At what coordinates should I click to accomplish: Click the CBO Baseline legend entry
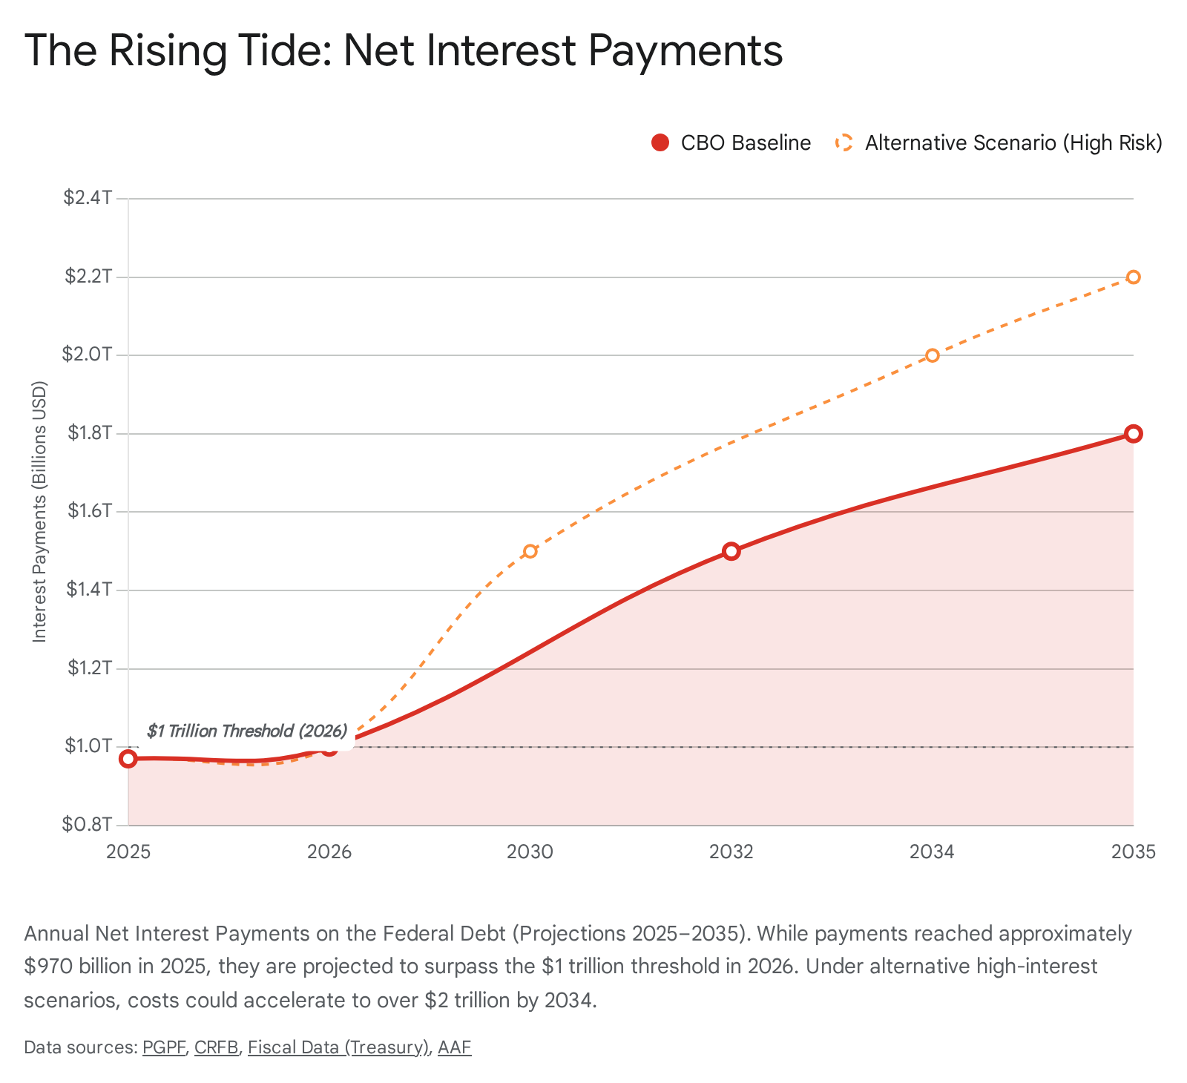(x=731, y=143)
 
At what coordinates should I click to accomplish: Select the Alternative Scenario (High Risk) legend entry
(x=999, y=143)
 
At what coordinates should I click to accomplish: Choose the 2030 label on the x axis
(x=530, y=852)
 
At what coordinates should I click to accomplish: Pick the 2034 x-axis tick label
(x=932, y=852)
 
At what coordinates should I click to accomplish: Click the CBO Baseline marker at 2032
(x=731, y=551)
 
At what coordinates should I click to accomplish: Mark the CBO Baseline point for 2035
(x=1133, y=434)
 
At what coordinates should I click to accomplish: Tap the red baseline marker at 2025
(x=128, y=758)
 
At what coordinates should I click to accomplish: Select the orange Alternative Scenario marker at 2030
(x=530, y=551)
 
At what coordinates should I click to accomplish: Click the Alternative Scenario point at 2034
(x=933, y=355)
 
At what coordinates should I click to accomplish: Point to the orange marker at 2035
(x=1133, y=277)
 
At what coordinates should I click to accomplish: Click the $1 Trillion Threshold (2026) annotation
(x=247, y=731)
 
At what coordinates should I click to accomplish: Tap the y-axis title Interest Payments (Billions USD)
(x=40, y=512)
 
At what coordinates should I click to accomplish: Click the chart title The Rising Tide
(x=404, y=50)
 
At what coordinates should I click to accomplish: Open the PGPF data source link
(x=164, y=1047)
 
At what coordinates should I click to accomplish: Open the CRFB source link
(x=216, y=1047)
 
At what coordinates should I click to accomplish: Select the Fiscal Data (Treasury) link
(x=338, y=1047)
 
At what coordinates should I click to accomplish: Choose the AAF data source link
(x=454, y=1047)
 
